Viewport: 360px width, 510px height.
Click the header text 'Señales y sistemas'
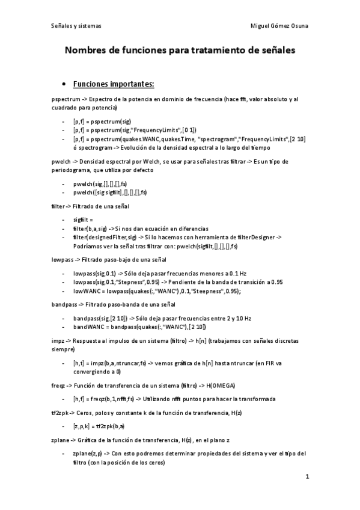[x=76, y=26]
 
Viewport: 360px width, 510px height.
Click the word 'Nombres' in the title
[x=87, y=52]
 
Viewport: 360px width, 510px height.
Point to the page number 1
[x=307, y=478]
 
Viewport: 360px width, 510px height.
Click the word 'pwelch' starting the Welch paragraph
[x=61, y=161]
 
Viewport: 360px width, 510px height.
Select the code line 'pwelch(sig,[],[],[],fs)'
[x=100, y=183]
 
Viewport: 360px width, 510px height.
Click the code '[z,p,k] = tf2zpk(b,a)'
[x=99, y=426]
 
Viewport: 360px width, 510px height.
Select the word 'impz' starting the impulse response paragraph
[x=59, y=341]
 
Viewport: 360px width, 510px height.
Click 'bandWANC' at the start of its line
[x=87, y=327]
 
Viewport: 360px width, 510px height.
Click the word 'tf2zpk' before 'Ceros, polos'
[x=61, y=412]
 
